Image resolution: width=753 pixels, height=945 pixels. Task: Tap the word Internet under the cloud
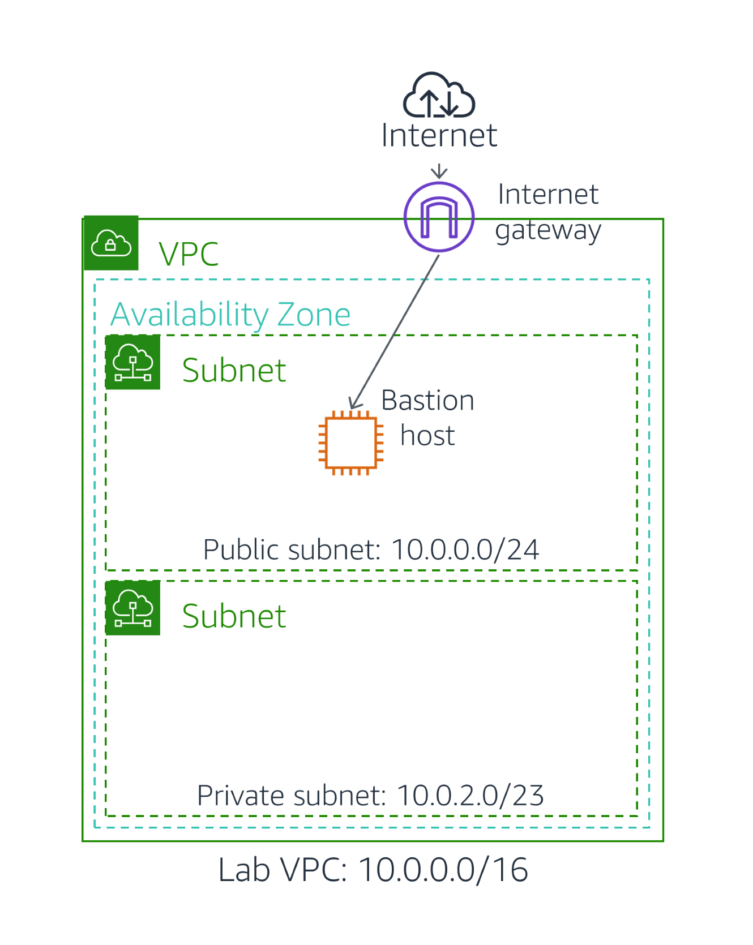(x=439, y=135)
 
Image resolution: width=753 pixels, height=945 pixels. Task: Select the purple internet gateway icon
(x=439, y=217)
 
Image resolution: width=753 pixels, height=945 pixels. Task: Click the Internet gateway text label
(x=547, y=212)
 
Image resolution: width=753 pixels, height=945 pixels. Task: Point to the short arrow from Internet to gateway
(x=439, y=171)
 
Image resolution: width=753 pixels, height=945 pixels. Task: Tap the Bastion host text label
(x=427, y=418)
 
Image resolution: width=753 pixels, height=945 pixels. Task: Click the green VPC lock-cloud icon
(x=111, y=243)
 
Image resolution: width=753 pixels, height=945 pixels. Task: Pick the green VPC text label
(x=189, y=254)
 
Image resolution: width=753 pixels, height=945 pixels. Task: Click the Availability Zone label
(x=230, y=315)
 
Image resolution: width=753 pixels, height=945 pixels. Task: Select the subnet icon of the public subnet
(x=133, y=362)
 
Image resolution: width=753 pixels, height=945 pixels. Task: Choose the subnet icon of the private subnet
(x=133, y=608)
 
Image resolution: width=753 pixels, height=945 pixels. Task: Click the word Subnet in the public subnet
(x=234, y=371)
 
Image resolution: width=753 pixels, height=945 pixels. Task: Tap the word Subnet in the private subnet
(x=234, y=616)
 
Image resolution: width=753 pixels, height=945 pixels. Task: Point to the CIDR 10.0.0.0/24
(x=465, y=549)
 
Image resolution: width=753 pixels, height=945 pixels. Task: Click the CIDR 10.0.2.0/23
(x=470, y=796)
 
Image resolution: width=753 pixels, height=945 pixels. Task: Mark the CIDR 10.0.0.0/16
(x=443, y=870)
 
